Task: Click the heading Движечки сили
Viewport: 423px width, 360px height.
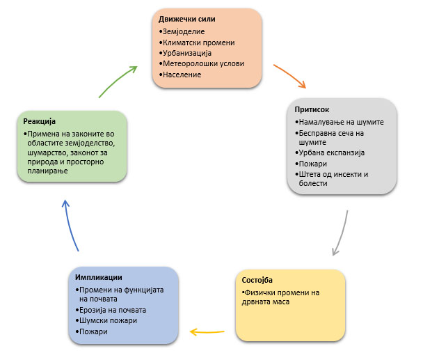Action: [186, 19]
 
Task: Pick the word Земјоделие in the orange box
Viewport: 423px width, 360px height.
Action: [184, 32]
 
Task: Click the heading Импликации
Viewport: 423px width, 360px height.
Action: [99, 278]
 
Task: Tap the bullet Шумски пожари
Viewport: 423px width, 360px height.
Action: [108, 320]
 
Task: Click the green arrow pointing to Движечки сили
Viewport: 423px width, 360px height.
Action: [118, 81]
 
